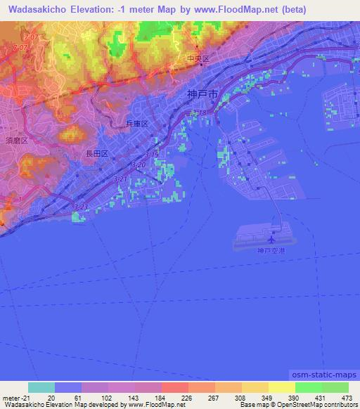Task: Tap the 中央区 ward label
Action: click(198, 60)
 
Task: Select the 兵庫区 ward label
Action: click(136, 124)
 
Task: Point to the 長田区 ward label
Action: click(96, 153)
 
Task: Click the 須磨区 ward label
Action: click(15, 141)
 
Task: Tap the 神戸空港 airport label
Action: click(271, 251)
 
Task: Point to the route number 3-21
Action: click(121, 179)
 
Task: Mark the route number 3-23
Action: click(82, 207)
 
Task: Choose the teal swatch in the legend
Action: click(41, 387)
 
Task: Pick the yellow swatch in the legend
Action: click(281, 387)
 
